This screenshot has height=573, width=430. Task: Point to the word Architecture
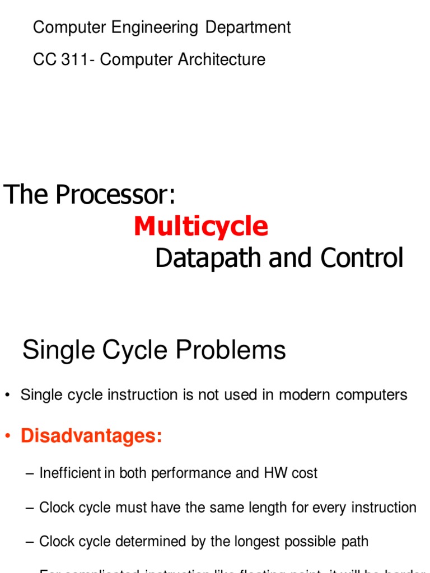tap(222, 59)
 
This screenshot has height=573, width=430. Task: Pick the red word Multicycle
tap(201, 227)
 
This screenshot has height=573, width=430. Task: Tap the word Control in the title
tap(362, 258)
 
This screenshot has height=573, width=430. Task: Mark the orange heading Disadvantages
tap(91, 435)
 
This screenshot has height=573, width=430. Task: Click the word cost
tap(304, 473)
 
